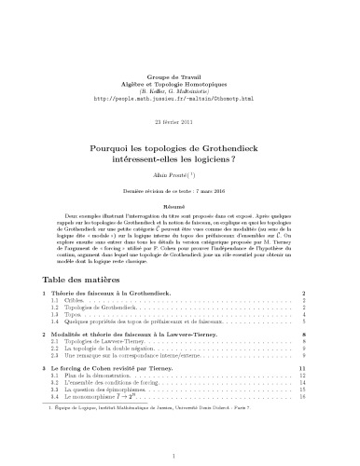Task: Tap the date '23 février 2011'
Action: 181,98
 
